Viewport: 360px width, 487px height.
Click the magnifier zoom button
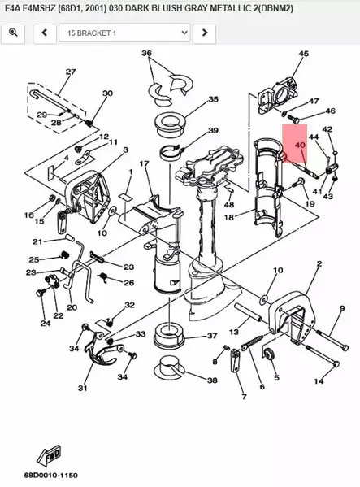point(14,33)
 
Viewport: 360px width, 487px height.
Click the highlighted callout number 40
point(300,146)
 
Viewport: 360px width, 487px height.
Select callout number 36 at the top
point(147,54)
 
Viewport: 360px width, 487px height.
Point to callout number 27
point(70,72)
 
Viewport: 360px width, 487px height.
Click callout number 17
point(144,165)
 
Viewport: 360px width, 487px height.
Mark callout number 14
point(319,380)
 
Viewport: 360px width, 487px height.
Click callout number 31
point(82,389)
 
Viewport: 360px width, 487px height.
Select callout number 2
point(319,264)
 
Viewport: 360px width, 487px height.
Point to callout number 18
point(228,218)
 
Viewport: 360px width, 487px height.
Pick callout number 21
point(37,241)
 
